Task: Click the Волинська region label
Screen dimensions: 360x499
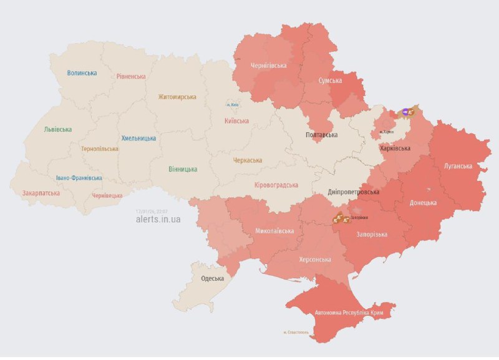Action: tap(82, 73)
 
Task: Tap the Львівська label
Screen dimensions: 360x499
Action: tap(57, 130)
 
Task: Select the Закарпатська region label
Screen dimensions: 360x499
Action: tap(41, 193)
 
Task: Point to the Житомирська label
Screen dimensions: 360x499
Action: tap(177, 97)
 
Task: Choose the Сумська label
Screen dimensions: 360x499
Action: tap(330, 81)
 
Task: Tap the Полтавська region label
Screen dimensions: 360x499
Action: tap(321, 135)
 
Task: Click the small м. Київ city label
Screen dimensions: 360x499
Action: tap(232, 104)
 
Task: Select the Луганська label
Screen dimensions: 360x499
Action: tap(458, 167)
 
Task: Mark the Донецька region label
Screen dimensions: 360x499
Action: tap(427, 203)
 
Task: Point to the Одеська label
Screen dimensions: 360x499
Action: tap(212, 278)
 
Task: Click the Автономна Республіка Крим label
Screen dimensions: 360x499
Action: tap(347, 311)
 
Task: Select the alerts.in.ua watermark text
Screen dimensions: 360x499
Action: tap(158, 220)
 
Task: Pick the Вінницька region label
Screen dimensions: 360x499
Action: tap(183, 169)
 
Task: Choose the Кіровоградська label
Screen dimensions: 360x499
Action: tap(276, 185)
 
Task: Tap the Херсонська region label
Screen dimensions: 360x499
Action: tap(315, 260)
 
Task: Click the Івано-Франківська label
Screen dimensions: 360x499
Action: tap(79, 178)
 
